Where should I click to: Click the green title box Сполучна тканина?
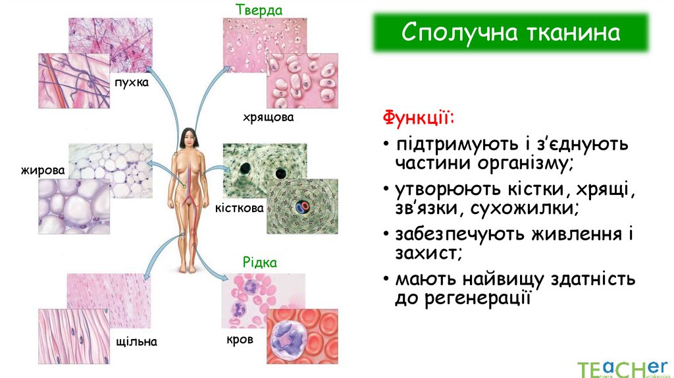click(511, 32)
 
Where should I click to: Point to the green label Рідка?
click(260, 262)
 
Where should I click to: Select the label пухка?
click(131, 83)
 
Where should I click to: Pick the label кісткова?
click(240, 208)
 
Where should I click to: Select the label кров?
click(240, 340)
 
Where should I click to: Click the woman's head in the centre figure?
click(188, 137)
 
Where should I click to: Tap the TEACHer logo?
click(619, 367)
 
